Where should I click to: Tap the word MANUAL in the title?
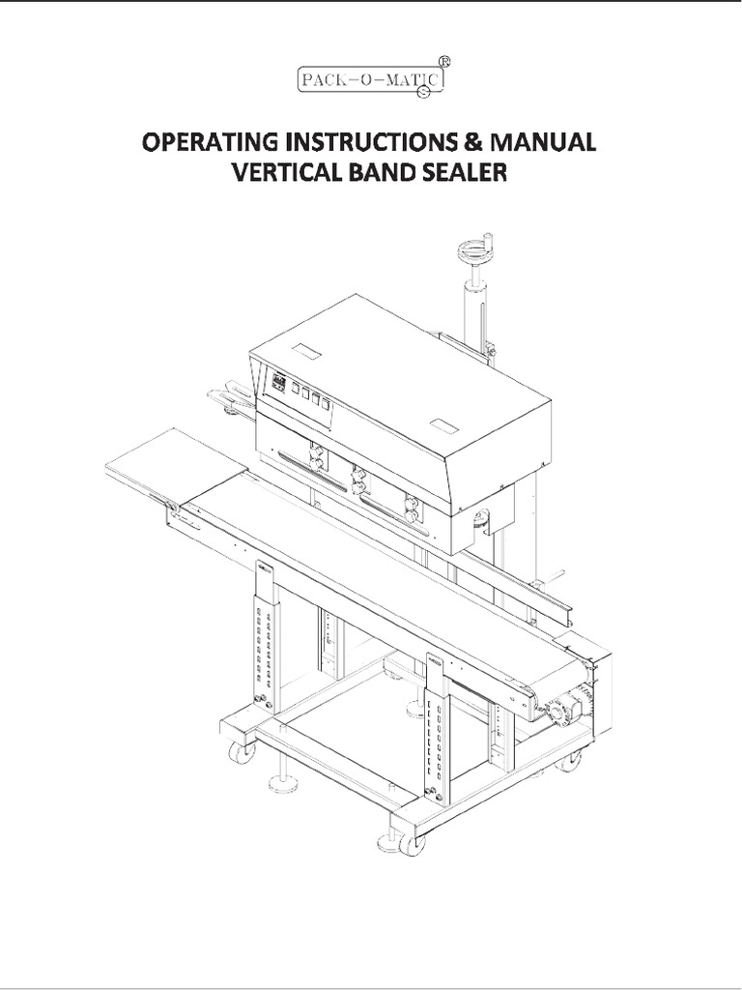(543, 144)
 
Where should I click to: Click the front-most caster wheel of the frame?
(412, 843)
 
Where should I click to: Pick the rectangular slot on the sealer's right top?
(443, 425)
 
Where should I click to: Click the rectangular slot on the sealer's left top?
(306, 352)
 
